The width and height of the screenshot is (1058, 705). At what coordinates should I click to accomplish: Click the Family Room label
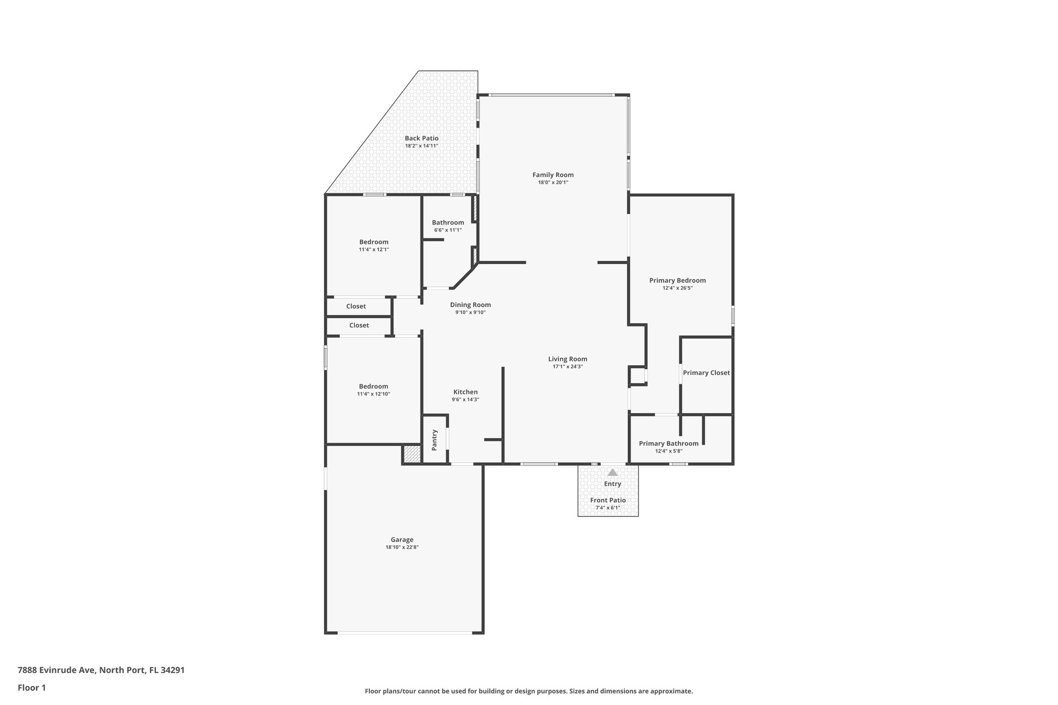[x=553, y=175]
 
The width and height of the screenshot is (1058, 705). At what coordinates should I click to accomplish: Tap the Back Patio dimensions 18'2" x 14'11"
[x=422, y=146]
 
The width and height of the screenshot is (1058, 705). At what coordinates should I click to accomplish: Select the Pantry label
[x=434, y=440]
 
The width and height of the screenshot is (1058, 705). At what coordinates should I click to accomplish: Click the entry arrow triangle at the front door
[x=612, y=472]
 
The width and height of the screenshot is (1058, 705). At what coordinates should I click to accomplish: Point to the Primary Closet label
[x=706, y=373]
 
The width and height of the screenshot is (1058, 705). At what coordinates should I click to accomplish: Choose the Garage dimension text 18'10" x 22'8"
[x=402, y=547]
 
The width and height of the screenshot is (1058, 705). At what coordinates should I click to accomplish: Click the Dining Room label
[x=470, y=305]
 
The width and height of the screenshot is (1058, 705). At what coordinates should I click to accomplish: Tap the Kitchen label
[x=465, y=392]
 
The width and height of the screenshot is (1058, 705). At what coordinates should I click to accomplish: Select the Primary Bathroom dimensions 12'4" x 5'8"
[x=668, y=451]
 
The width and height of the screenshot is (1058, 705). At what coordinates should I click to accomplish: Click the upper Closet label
[x=356, y=306]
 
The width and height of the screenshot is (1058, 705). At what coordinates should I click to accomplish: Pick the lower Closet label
[x=359, y=325]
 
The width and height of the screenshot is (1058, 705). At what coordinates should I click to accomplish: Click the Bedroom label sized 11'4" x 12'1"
[x=374, y=242]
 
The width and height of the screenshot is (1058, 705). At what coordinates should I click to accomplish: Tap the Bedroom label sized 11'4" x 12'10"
[x=374, y=386]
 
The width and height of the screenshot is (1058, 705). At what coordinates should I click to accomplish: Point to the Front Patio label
[x=608, y=500]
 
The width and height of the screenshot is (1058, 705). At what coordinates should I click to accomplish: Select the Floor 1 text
[x=32, y=687]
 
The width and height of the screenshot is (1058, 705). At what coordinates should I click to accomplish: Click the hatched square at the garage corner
[x=412, y=455]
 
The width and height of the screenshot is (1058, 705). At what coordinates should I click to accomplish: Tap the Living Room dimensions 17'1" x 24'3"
[x=568, y=367]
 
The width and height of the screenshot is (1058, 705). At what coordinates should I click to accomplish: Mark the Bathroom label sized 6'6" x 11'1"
[x=448, y=223]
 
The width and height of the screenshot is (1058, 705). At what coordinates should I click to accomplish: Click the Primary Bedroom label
[x=677, y=280]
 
